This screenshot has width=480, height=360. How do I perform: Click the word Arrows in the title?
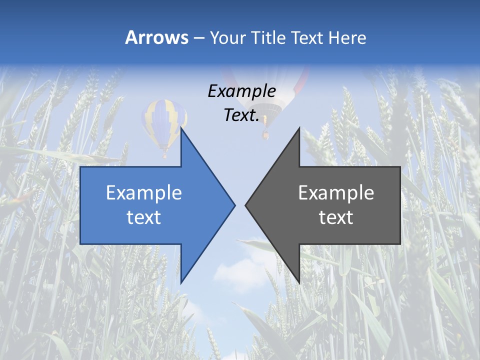click(157, 37)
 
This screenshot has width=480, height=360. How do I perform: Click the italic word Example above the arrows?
click(241, 91)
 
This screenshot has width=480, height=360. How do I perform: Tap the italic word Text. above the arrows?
click(241, 115)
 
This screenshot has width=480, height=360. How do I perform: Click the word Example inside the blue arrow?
click(144, 193)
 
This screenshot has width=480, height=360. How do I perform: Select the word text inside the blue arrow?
click(144, 217)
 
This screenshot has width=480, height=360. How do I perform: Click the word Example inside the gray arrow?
click(336, 193)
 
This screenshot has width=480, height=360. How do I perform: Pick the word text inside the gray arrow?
click(336, 217)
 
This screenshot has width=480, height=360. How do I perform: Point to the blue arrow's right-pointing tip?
click(234, 205)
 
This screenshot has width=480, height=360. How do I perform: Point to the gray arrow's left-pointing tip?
click(246, 205)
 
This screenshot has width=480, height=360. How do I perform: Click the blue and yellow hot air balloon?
click(163, 120)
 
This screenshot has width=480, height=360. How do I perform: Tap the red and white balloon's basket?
click(266, 134)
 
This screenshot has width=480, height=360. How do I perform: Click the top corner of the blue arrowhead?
click(181, 128)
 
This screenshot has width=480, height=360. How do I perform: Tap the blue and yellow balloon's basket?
click(164, 155)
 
